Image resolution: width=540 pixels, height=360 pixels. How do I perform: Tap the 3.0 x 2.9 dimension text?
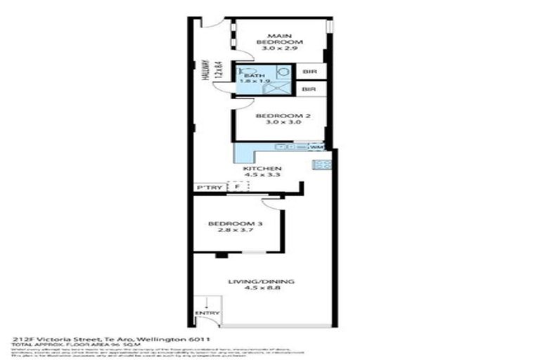(279, 49)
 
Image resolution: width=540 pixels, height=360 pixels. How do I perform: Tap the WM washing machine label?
(315, 147)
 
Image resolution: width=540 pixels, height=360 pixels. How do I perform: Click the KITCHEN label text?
(262, 169)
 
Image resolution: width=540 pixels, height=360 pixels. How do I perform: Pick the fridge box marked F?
(237, 187)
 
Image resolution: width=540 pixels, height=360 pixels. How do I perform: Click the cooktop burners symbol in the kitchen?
(325, 165)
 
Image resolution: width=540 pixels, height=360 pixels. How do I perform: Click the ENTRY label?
(209, 314)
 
